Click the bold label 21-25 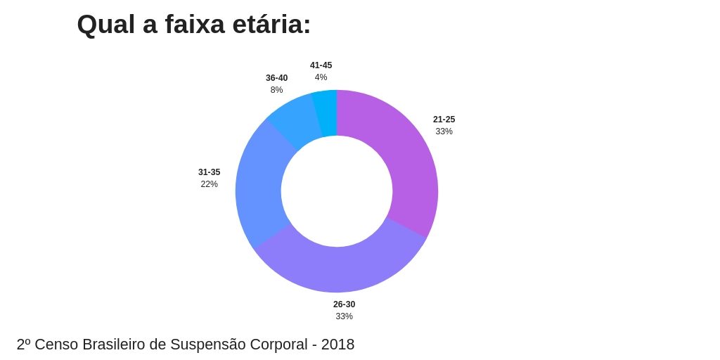tap(444, 120)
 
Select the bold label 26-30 tap(344, 304)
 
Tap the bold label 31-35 tap(209, 172)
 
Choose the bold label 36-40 tap(276, 78)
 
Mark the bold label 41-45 tap(321, 65)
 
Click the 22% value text tap(209, 184)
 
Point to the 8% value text tap(276, 90)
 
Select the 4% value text tap(321, 77)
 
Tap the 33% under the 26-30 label tap(344, 316)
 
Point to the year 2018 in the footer tap(338, 345)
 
